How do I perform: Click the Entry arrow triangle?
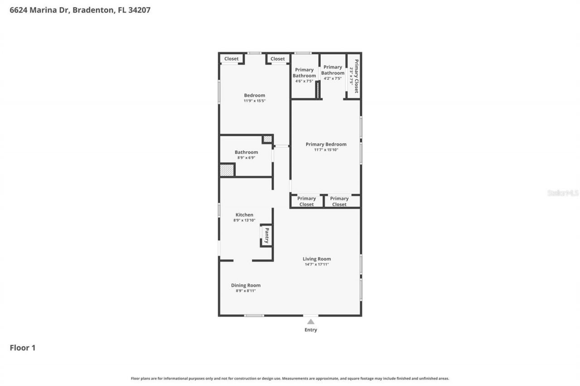coord(311,322)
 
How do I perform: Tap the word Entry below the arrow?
coord(311,330)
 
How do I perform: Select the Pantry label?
coord(267,236)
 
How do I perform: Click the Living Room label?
coord(317,259)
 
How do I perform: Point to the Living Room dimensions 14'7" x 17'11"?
coord(317,264)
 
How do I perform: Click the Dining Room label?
coord(246,285)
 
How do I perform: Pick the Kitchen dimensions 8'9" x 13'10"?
coord(244,220)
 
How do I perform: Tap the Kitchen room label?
coord(244,215)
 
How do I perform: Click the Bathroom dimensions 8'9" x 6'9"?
coord(246,158)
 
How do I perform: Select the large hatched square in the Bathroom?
coord(227,170)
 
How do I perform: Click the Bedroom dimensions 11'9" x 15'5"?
coord(254,101)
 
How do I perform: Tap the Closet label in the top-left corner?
coord(231,59)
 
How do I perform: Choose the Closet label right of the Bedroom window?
coord(278,59)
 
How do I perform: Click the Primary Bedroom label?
coord(326,144)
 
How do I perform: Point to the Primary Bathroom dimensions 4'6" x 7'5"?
coord(304,81)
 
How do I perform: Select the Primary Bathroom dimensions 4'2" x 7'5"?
coord(333,79)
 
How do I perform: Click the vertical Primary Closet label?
coord(357,76)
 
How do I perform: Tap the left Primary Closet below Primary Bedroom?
coord(306,201)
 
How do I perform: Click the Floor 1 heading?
coord(23,348)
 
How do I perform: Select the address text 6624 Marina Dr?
coord(39,10)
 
